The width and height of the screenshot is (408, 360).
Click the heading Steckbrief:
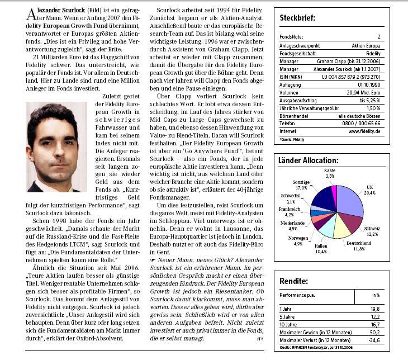point(297,18)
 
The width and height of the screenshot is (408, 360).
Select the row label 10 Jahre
point(289,324)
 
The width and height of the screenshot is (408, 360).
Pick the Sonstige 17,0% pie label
point(301,185)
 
